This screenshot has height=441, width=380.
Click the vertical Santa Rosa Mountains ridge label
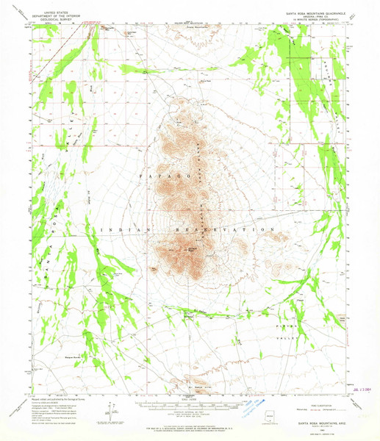click(201, 176)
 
